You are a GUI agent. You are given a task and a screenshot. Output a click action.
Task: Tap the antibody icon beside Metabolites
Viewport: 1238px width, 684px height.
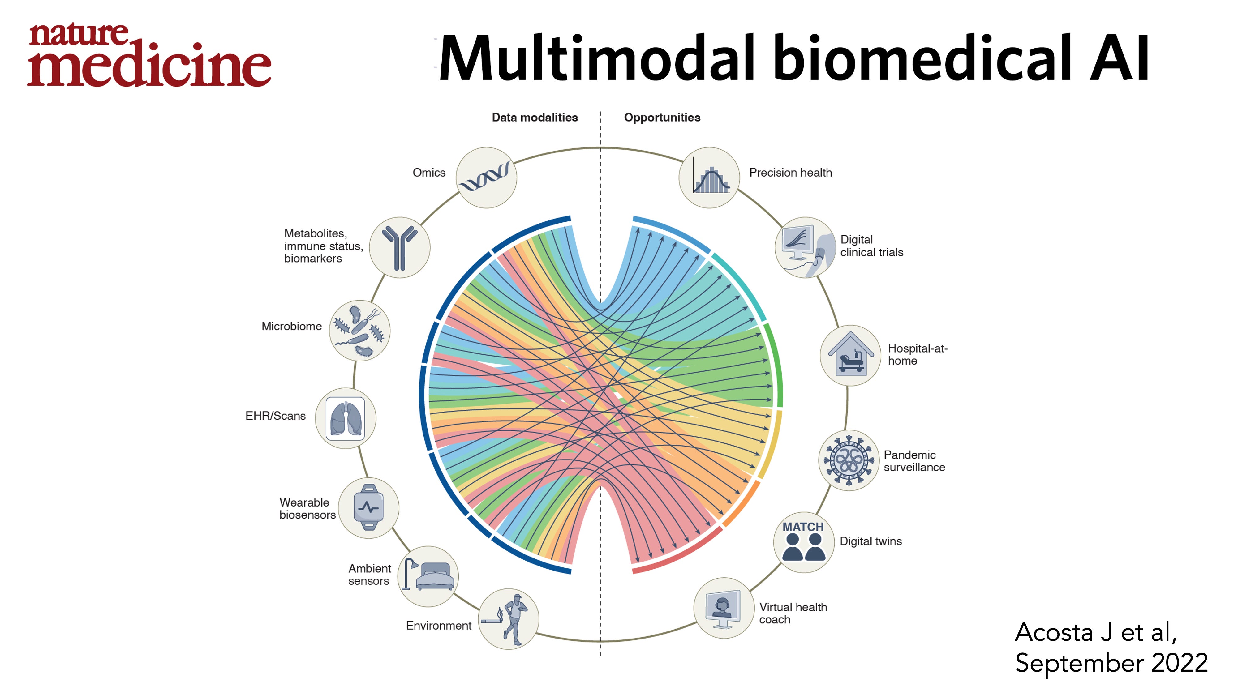[399, 247]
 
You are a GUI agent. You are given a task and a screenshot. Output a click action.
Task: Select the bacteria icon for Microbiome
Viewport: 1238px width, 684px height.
[359, 331]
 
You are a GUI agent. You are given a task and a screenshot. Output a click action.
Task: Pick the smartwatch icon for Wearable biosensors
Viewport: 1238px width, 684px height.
[369, 508]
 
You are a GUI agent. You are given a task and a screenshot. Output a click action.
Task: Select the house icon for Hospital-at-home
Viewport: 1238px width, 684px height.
[850, 355]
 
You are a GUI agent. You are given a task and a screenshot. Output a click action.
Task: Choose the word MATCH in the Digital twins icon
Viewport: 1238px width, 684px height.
[803, 527]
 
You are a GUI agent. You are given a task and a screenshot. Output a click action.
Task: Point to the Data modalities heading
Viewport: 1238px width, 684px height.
[535, 118]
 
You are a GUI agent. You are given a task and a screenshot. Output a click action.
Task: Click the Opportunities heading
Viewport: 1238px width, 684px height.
[662, 118]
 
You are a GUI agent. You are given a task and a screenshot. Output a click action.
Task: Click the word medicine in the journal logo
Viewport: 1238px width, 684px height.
[149, 65]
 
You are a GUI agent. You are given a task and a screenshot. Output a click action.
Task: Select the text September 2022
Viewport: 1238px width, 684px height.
[1111, 663]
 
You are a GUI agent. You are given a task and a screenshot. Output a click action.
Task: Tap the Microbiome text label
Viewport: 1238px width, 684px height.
[291, 327]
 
